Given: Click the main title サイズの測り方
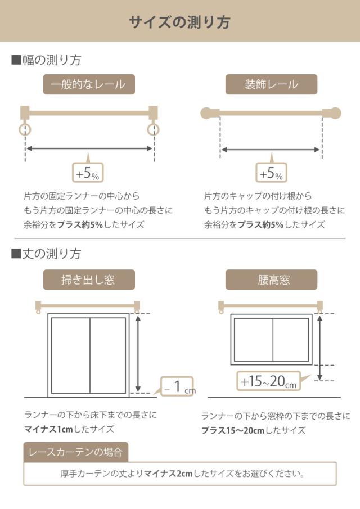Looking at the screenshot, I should [179, 22].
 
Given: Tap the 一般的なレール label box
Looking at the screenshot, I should [89, 85].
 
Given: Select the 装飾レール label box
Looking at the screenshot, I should [271, 85].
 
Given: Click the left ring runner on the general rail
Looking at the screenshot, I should [25, 130].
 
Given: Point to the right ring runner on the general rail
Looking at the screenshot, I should [153, 130].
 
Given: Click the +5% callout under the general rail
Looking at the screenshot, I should [88, 173].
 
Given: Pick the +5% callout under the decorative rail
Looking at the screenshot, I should [271, 173].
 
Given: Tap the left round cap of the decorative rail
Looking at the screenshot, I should [208, 112].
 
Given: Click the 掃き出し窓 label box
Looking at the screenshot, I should [89, 280].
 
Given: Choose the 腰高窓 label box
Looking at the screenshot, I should [271, 280].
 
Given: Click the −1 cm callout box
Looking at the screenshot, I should [177, 386].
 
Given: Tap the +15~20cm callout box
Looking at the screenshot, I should [268, 381].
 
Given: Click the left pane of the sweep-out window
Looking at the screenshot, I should [70, 355].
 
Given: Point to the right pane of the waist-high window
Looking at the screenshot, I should [290, 339].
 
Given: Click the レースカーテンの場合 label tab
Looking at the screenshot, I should [76, 452].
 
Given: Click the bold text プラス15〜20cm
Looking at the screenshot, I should [226, 430].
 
